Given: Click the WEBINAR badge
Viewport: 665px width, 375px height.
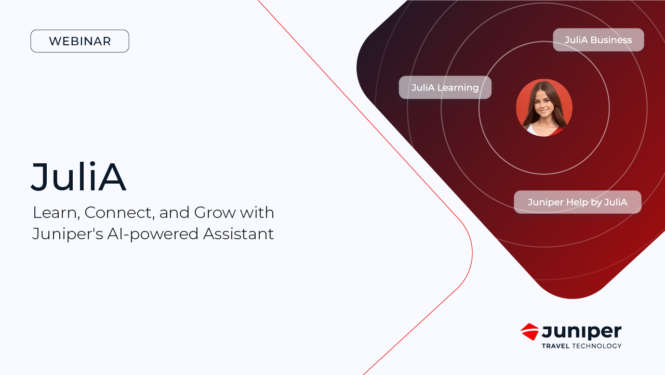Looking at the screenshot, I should pos(79,41).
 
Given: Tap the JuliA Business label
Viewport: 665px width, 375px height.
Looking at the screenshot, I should pos(598,40).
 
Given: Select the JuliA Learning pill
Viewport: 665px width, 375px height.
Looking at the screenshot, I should pos(445,87).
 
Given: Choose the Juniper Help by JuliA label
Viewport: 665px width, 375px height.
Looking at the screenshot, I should pos(577,202).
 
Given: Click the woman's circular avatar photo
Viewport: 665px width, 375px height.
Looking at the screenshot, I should pos(544,108).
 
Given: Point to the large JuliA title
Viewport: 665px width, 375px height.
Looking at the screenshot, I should pos(78,177).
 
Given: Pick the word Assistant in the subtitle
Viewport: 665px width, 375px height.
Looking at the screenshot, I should pos(238,234).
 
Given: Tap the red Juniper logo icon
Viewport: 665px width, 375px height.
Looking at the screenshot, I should pos(529,332).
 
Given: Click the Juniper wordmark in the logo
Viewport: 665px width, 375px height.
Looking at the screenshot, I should pos(581,332).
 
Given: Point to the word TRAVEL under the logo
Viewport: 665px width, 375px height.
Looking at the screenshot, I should pos(555,346).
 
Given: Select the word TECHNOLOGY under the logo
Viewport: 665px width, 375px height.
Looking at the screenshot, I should pos(596,346).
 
